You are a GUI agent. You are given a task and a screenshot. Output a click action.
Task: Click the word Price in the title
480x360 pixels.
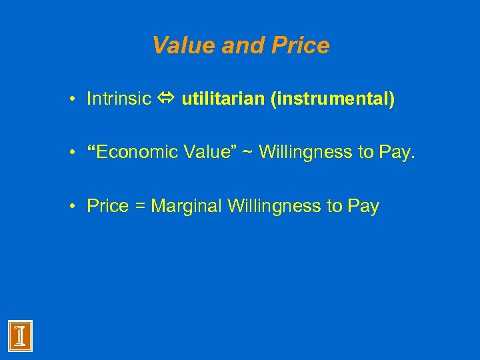[x=299, y=45]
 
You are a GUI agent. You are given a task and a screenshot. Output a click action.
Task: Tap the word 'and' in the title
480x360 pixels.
[x=243, y=45]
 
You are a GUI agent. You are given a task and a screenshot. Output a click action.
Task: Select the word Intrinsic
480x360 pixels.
[x=119, y=99]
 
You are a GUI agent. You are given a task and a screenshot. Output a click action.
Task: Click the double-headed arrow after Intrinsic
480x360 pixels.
[x=166, y=100]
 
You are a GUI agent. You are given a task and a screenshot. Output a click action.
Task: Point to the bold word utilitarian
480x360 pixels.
[x=223, y=99]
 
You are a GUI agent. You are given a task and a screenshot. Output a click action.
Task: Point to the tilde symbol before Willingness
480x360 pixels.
[x=247, y=153]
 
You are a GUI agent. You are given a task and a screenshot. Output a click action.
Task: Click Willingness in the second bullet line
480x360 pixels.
[x=305, y=153]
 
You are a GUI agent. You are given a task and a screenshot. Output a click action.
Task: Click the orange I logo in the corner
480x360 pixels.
[x=20, y=335]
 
